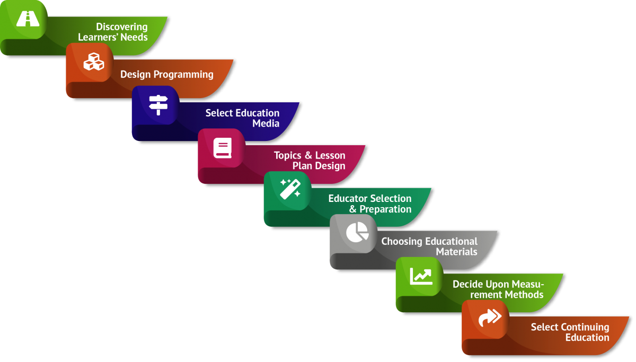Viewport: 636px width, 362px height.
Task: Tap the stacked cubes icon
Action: (94, 62)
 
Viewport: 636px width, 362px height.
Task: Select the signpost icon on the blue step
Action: (158, 105)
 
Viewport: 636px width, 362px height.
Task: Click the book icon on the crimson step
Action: (223, 148)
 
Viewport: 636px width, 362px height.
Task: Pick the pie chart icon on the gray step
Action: (357, 232)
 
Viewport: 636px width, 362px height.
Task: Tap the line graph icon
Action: (421, 276)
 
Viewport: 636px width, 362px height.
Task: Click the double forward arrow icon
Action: (489, 317)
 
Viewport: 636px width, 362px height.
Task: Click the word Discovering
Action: (122, 27)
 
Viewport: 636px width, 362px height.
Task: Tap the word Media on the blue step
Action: (266, 123)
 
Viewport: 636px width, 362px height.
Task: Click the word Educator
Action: (348, 198)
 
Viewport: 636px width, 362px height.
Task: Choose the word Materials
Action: (457, 252)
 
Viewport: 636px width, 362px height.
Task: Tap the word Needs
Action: (133, 38)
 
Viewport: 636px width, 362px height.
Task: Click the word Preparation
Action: (385, 209)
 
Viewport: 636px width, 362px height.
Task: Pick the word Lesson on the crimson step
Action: (330, 155)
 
